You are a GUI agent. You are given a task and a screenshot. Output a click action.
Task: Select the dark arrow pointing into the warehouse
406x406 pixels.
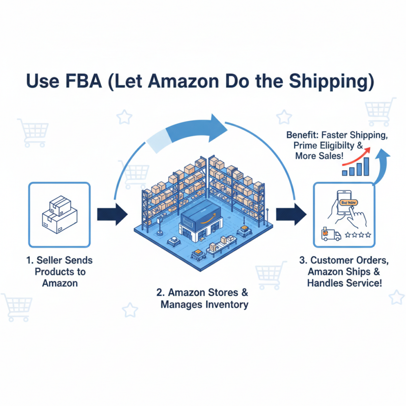[x=112, y=214]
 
